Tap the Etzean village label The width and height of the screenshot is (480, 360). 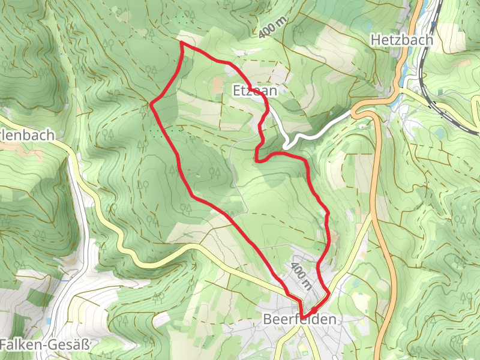click(255, 91)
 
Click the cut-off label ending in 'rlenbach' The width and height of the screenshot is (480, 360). click(27, 135)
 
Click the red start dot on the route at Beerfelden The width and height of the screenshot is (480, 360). click(314, 310)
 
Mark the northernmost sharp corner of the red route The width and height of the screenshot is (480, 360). click(181, 43)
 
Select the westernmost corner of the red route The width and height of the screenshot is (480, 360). click(151, 104)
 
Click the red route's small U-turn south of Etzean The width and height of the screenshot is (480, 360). click(257, 159)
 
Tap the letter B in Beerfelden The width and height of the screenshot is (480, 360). click(268, 320)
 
